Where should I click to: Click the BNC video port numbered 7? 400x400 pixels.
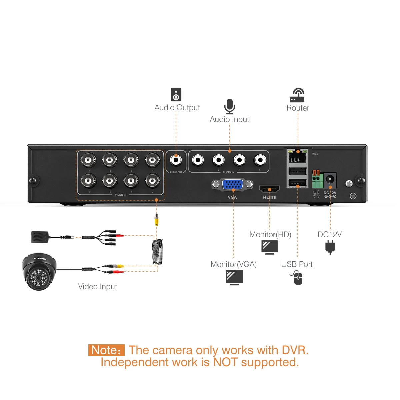pos(88,160)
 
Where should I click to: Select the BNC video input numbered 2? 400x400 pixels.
pos(153,181)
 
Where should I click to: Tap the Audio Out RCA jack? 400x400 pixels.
pos(176,160)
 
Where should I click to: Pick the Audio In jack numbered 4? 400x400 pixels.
pos(260,160)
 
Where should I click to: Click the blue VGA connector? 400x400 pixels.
pos(232,184)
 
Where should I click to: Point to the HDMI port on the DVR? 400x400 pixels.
pos(269,189)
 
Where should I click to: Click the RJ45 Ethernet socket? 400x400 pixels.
pos(297,157)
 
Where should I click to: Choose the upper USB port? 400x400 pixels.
pos(297,172)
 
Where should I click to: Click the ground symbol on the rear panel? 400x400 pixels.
pos(353,196)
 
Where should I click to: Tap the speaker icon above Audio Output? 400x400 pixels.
pos(176,95)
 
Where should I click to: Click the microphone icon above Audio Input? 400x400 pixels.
pos(229,106)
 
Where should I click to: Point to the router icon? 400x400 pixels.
pos(297,95)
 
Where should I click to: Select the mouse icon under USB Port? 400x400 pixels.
pos(297,278)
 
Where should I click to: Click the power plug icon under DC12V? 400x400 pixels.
pos(330,247)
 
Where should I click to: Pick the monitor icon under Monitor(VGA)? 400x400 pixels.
pos(234,277)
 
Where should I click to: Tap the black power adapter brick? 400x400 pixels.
pos(40,237)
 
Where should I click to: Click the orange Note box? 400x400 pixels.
pos(106,350)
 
